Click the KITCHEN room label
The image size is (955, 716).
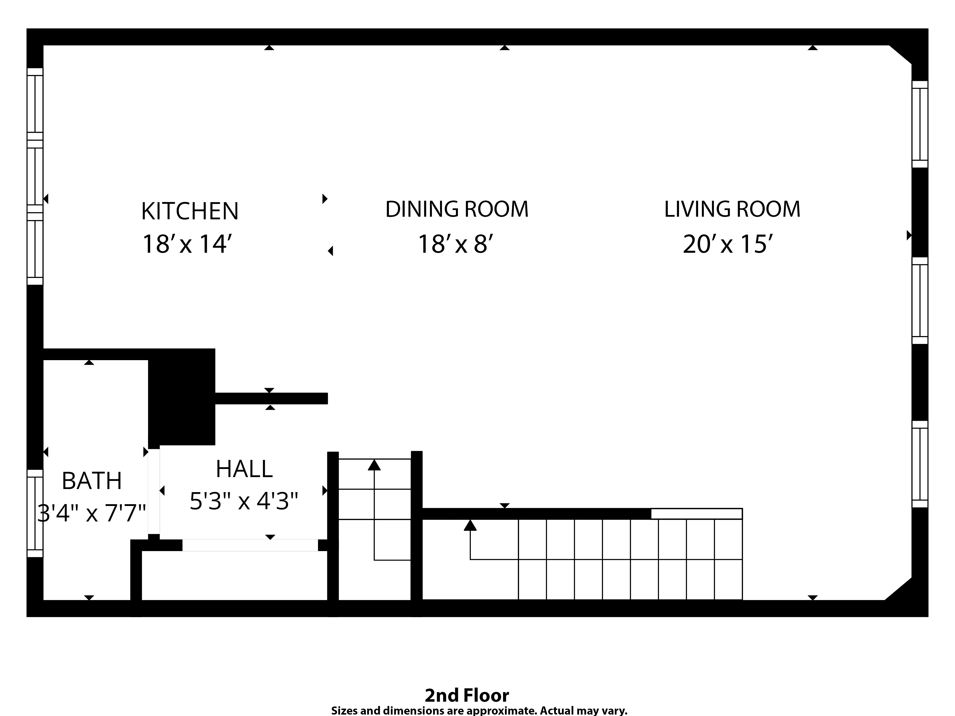pos(190,211)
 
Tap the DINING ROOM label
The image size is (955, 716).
pos(457,209)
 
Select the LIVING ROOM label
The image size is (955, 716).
pos(732,209)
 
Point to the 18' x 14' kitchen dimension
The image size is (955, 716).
pos(190,244)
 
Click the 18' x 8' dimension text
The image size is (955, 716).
pos(456,244)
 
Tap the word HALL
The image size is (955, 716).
pos(244,469)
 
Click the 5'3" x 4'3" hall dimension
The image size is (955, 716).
pos(244,501)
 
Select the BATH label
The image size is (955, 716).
pos(91,481)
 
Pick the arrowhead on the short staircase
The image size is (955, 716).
pos(374,465)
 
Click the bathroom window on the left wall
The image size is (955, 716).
pos(35,513)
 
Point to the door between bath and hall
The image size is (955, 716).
pos(154,492)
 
